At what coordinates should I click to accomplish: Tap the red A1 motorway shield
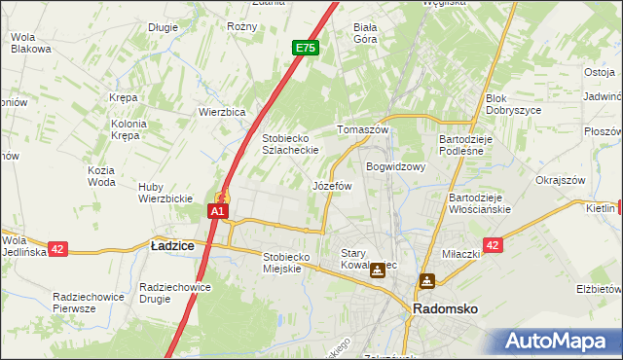coord(219,210)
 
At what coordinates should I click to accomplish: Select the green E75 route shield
coord(305,47)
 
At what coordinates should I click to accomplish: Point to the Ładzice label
coord(171,246)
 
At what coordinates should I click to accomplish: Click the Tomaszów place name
coord(362,129)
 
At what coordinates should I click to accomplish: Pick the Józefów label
coord(331,185)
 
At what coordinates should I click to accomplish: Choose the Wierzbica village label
coord(222,112)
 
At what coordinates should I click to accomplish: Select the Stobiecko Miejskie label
coord(285,263)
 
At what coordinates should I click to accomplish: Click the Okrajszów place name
coord(560,180)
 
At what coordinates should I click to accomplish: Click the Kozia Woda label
coord(101,176)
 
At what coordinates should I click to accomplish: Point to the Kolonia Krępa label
coord(128,129)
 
